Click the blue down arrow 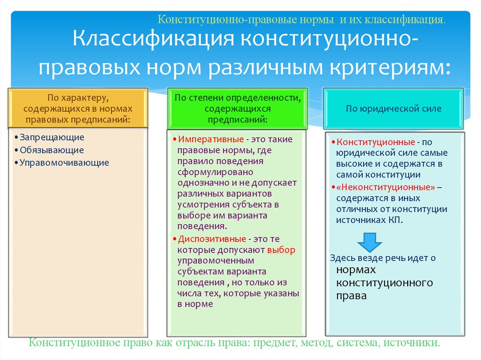(x=369, y=241)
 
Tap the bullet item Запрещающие (x=52, y=138)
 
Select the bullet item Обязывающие (x=52, y=150)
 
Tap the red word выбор (x=281, y=250)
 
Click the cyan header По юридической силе (x=394, y=109)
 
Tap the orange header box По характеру (x=78, y=108)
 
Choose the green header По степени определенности (x=237, y=108)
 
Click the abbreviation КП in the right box (x=396, y=220)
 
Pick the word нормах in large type (x=356, y=271)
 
